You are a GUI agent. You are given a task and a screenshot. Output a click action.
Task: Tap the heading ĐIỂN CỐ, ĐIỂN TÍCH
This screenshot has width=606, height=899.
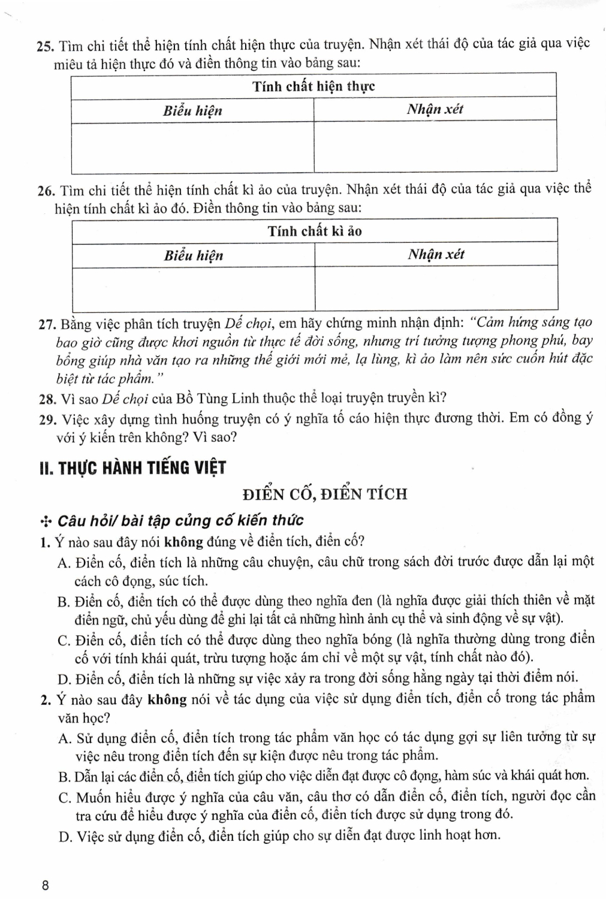coord(325,494)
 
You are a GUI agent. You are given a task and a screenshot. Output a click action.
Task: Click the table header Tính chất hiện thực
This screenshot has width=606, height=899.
coord(313,86)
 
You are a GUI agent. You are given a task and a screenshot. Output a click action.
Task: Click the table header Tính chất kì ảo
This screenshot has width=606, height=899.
coord(315,231)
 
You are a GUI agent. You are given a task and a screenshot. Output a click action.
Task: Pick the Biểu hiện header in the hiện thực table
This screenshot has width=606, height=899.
coord(192,111)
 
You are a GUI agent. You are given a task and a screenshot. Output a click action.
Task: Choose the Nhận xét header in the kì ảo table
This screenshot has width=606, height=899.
coord(436,255)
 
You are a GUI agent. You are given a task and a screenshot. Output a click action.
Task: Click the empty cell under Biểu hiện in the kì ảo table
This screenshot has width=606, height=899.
coord(193,289)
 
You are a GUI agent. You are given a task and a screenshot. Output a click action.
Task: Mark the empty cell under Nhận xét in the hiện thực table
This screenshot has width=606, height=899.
coord(435,147)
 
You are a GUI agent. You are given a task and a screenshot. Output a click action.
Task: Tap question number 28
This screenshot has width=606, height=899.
coord(46,399)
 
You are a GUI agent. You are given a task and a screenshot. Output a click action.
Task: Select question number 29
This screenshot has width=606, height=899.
coord(46,418)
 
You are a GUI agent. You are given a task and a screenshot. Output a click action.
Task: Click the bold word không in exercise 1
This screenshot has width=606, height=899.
coord(184,542)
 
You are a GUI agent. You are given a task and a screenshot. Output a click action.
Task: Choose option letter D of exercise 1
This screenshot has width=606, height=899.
coord(65,679)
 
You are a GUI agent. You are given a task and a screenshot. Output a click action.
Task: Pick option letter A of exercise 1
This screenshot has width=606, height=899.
coord(64,562)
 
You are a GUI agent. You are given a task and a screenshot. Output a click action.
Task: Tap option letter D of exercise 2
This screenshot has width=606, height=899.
coord(65,836)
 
